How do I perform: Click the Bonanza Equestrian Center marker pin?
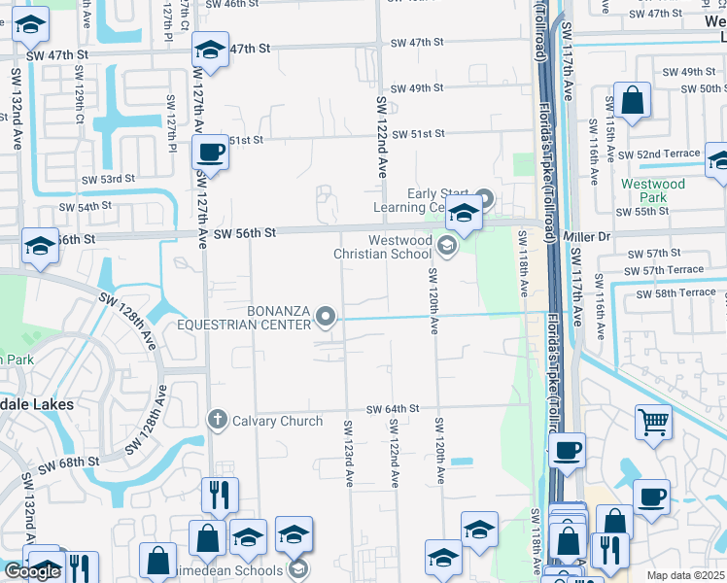tap(327, 316)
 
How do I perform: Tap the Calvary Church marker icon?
tap(217, 420)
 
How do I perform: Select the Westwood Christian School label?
tap(382, 248)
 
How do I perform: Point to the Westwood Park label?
tap(653, 190)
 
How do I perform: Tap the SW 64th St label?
tap(392, 409)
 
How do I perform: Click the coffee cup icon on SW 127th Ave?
tap(211, 153)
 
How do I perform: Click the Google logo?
tap(31, 571)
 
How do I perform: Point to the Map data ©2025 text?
tap(686, 576)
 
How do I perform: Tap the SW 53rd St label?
tap(108, 180)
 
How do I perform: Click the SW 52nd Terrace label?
tap(668, 154)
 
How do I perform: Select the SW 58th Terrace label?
tap(676, 292)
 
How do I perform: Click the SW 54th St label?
tap(86, 207)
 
